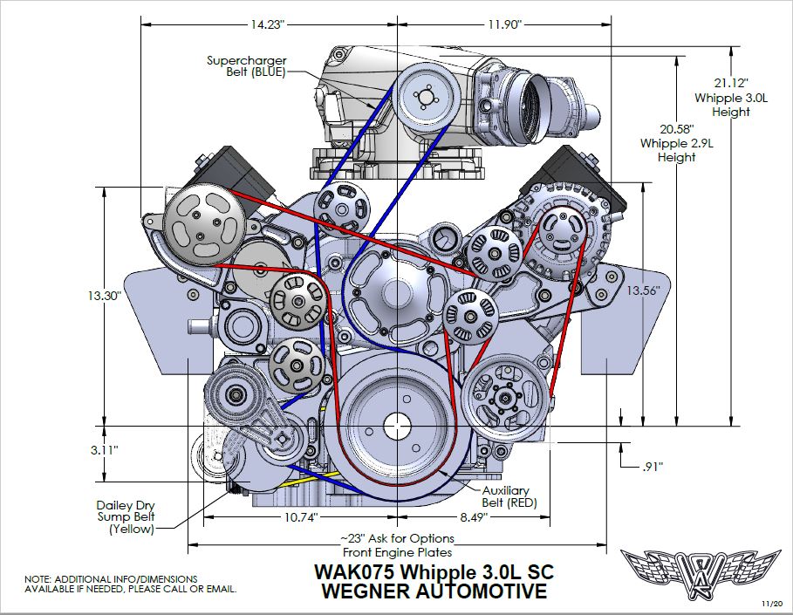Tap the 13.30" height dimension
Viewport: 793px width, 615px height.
click(x=103, y=296)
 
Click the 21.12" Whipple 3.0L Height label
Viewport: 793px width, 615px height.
click(x=731, y=98)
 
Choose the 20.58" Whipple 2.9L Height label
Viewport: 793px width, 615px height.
click(x=667, y=143)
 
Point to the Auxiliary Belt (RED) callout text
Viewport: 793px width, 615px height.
click(x=510, y=497)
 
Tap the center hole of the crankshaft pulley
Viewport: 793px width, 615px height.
click(x=398, y=426)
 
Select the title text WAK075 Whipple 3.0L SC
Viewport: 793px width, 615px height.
click(x=434, y=572)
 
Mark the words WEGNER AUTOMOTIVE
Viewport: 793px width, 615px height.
click(x=434, y=591)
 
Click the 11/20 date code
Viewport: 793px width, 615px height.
click(x=770, y=603)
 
